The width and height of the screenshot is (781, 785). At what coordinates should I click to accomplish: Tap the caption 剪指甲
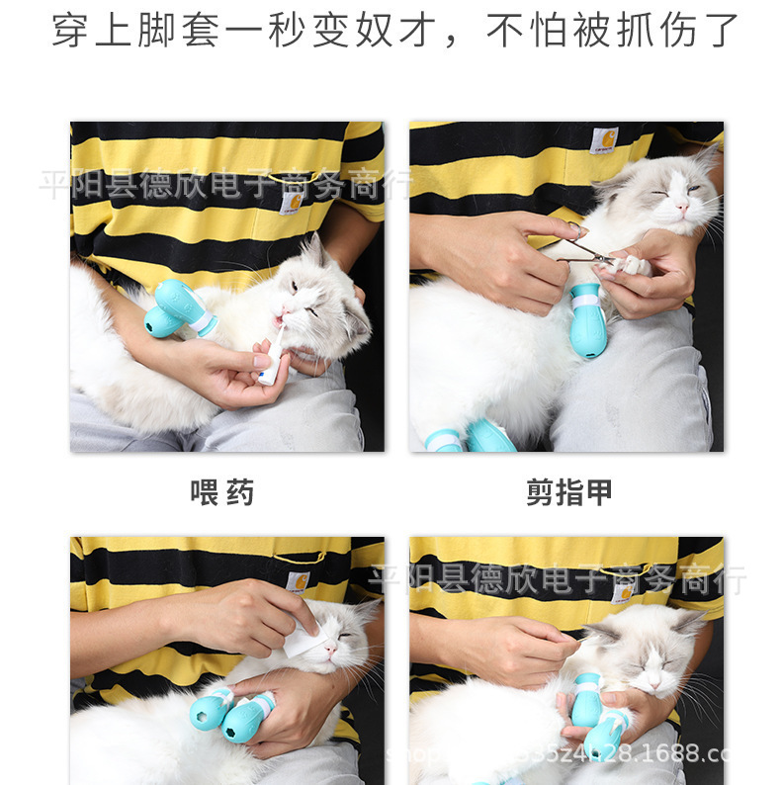(x=567, y=492)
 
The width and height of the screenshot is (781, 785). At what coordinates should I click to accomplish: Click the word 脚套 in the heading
(x=177, y=31)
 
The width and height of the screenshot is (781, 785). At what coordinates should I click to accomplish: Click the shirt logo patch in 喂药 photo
(x=291, y=202)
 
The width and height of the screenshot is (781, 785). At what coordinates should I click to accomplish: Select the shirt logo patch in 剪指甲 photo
(x=603, y=140)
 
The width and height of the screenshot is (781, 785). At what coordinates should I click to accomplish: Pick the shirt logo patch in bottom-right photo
(x=622, y=591)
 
